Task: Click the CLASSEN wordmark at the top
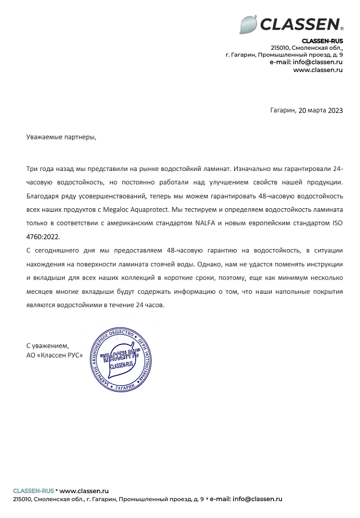[300, 24]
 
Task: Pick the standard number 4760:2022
[42, 236]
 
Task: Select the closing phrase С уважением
[48, 346]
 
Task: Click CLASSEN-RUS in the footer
[33, 490]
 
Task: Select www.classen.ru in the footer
[83, 490]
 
